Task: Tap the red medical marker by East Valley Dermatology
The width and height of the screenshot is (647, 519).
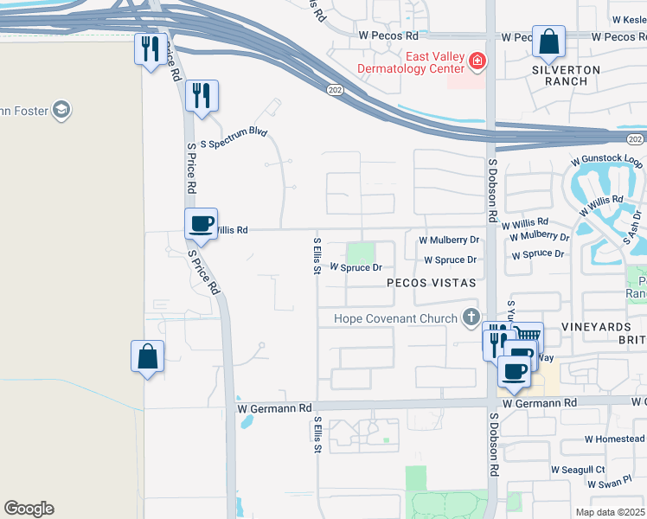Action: [477, 61]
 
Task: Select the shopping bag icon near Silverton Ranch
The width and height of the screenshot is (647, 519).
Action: [548, 42]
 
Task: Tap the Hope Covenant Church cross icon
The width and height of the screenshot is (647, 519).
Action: [471, 317]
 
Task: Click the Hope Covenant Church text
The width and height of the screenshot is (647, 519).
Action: [396, 318]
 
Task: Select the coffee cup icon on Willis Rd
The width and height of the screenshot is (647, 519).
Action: [202, 223]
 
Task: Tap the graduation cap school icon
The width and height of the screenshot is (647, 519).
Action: [61, 110]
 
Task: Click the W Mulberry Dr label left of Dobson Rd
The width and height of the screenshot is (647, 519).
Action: [448, 240]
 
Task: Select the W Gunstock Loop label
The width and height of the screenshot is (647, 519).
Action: [606, 162]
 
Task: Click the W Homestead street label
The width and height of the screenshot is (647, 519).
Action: [614, 439]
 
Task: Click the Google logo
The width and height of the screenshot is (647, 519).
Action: [29, 509]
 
